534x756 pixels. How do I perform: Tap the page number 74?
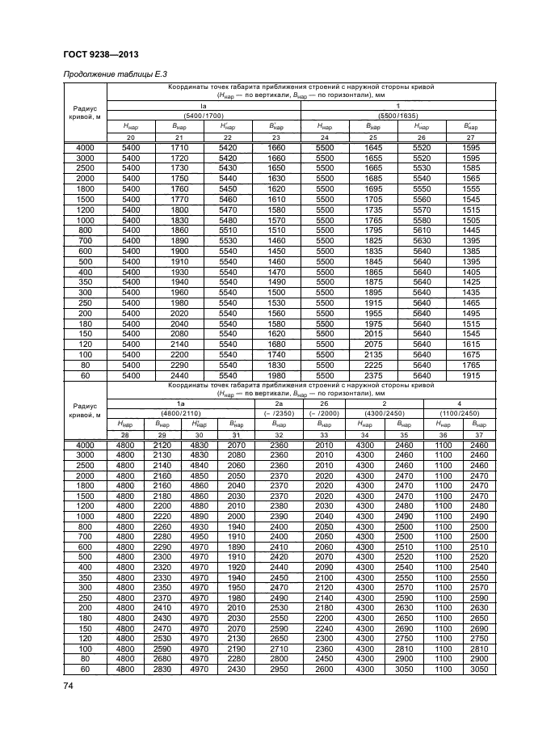(67, 686)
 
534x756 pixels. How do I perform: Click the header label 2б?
(323, 402)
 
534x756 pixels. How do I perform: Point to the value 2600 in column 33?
(323, 670)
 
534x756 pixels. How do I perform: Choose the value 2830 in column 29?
(162, 670)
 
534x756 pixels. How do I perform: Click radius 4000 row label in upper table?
(85, 148)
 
